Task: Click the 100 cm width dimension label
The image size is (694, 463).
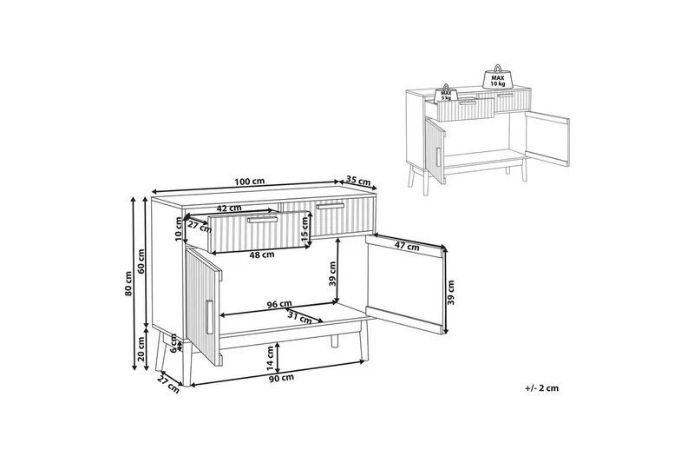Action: [249, 181]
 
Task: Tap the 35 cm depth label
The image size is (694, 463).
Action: [357, 182]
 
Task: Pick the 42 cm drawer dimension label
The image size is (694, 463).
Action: [228, 208]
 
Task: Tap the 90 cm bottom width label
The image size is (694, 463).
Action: [279, 378]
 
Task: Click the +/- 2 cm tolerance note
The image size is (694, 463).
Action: [542, 388]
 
